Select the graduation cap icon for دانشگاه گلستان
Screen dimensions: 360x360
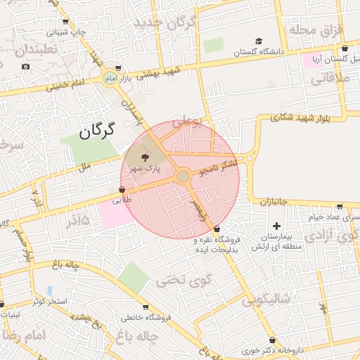(259, 41)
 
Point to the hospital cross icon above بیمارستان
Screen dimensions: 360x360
(277, 226)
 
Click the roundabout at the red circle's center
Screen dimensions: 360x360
(183, 176)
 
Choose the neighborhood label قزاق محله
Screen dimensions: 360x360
(315, 30)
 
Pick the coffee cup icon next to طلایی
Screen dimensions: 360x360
(122, 190)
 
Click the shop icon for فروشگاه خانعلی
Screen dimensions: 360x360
(146, 307)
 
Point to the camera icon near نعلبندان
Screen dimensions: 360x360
(26, 67)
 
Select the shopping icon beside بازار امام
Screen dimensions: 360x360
(117, 69)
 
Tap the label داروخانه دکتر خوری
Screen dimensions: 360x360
(271, 349)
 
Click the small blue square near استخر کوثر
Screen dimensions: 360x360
(50, 290)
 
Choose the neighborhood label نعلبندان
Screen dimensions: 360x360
(32, 51)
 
